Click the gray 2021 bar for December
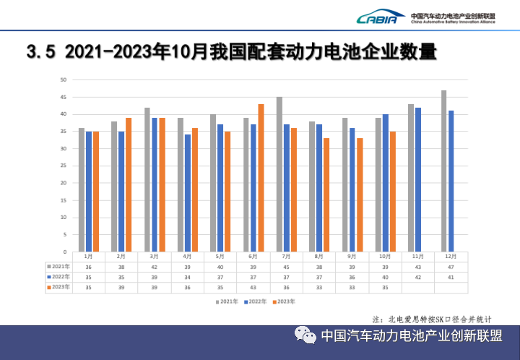click(443, 171)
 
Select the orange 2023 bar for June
click(261, 178)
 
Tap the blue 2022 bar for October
click(385, 183)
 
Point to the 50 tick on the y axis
click(64, 80)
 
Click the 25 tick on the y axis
click(64, 166)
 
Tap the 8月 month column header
click(318, 257)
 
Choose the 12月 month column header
click(450, 257)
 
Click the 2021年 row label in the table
click(58, 267)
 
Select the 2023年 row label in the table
click(58, 287)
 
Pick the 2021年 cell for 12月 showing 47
click(450, 267)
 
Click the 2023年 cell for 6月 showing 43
click(253, 287)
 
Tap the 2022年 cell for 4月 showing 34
click(187, 277)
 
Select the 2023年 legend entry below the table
click(283, 300)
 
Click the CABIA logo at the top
click(377, 18)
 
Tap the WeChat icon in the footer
click(305, 335)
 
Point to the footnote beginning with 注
click(432, 319)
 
